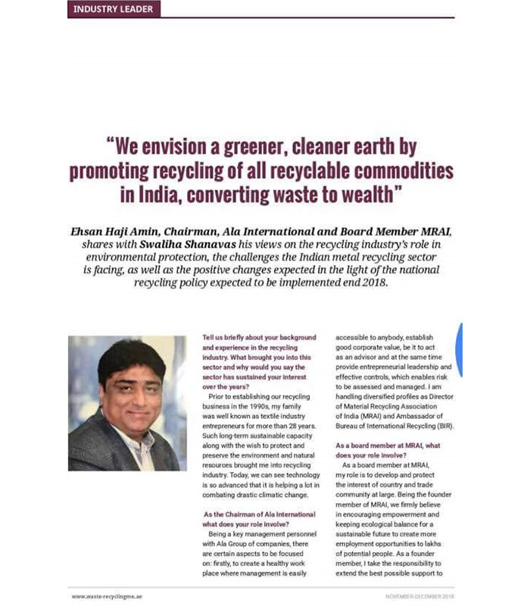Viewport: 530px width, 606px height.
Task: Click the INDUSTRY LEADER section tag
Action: [x=113, y=9]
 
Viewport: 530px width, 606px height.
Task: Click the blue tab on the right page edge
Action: [x=458, y=349]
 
